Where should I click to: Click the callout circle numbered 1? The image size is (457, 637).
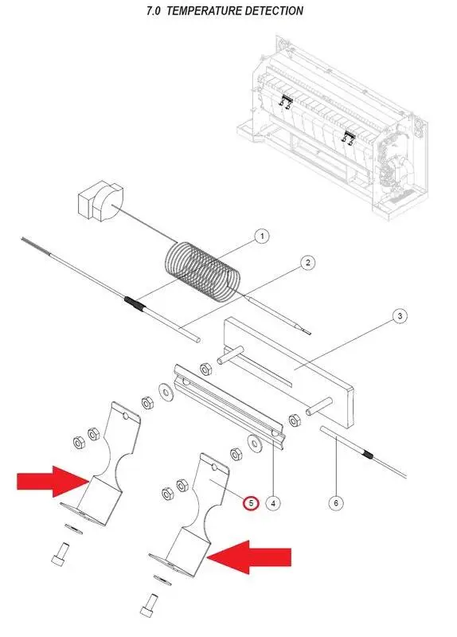click(x=262, y=236)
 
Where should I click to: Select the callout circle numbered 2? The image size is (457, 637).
click(x=307, y=263)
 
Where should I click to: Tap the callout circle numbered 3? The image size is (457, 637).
click(x=400, y=315)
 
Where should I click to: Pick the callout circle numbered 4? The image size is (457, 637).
click(x=273, y=503)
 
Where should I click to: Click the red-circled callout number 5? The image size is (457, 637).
click(x=251, y=503)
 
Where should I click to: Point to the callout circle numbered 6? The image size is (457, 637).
click(x=336, y=503)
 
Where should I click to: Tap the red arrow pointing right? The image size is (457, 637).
click(x=53, y=482)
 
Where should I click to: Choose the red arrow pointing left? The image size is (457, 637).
click(x=249, y=557)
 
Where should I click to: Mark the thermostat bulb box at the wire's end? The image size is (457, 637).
click(x=100, y=202)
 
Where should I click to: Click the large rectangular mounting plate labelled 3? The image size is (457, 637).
click(x=288, y=372)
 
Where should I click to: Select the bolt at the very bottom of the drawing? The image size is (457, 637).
click(x=149, y=606)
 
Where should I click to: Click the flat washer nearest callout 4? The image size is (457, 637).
click(x=255, y=443)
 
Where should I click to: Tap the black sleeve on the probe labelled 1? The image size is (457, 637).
click(x=135, y=303)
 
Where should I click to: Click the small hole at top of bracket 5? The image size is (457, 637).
click(x=214, y=467)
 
